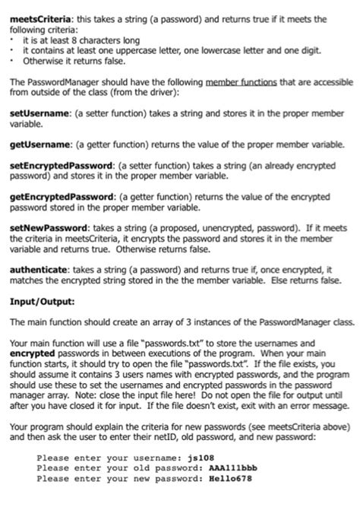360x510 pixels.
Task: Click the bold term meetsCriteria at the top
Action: [x=32, y=10]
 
